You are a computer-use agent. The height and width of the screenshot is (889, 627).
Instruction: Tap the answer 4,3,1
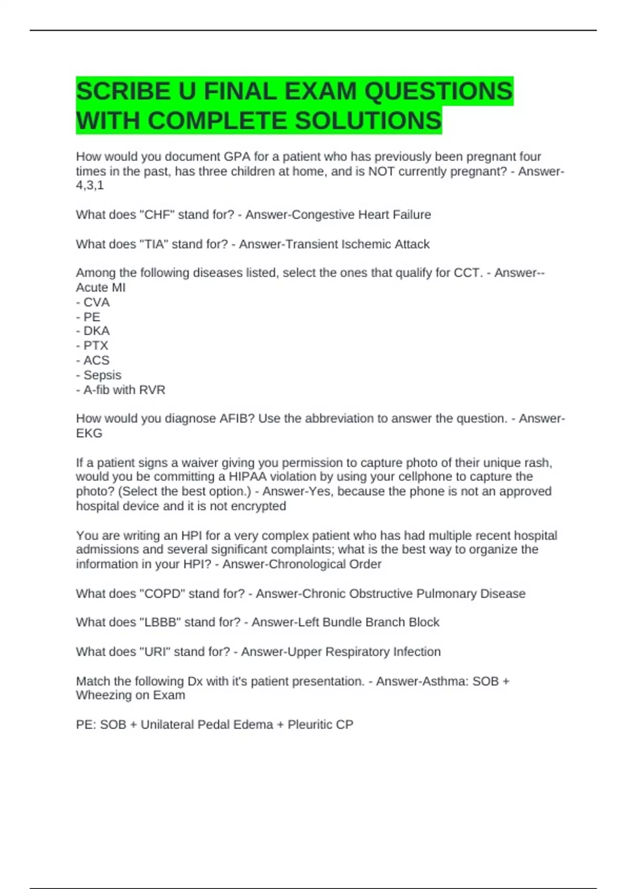point(90,186)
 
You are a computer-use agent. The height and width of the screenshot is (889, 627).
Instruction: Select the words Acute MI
point(101,288)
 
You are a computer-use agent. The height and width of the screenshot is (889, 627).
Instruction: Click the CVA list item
point(96,302)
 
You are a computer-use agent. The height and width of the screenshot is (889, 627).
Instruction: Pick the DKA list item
point(96,331)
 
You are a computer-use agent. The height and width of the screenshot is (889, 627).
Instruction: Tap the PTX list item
point(96,346)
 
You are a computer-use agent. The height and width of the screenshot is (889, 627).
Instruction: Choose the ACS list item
point(96,360)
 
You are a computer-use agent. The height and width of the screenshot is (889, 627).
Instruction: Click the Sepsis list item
point(102,375)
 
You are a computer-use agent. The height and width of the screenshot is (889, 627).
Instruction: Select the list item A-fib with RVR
point(124,390)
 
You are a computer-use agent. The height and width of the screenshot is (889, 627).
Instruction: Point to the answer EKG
point(89,434)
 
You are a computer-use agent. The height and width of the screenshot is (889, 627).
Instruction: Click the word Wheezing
point(101,696)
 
